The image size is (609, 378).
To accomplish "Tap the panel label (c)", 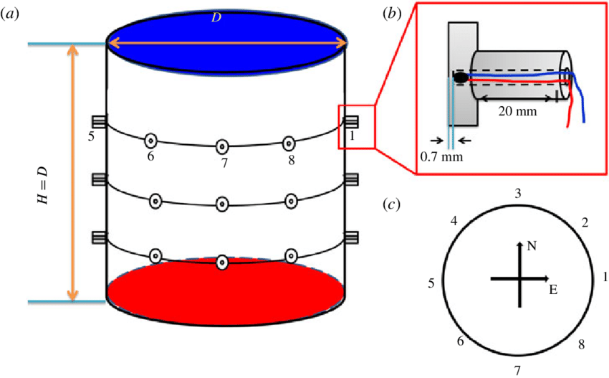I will tap(393, 205).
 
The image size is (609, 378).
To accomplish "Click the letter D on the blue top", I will tap(216, 19).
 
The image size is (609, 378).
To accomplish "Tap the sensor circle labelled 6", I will tap(151, 140).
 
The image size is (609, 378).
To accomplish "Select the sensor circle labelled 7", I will tap(223, 146).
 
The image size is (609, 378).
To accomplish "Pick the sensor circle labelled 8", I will tap(289, 142).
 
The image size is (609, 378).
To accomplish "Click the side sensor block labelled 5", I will tap(100, 121).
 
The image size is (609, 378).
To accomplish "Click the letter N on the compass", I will tap(532, 246).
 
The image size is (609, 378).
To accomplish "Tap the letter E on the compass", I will tap(553, 290).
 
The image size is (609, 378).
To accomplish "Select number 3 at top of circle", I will tap(518, 194).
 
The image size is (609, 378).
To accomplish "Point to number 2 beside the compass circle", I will tap(585, 223).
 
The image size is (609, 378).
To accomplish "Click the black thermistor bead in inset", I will tap(460, 77).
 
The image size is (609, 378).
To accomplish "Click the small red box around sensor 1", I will tap(355, 128).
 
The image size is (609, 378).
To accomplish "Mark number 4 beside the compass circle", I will tap(454, 222).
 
